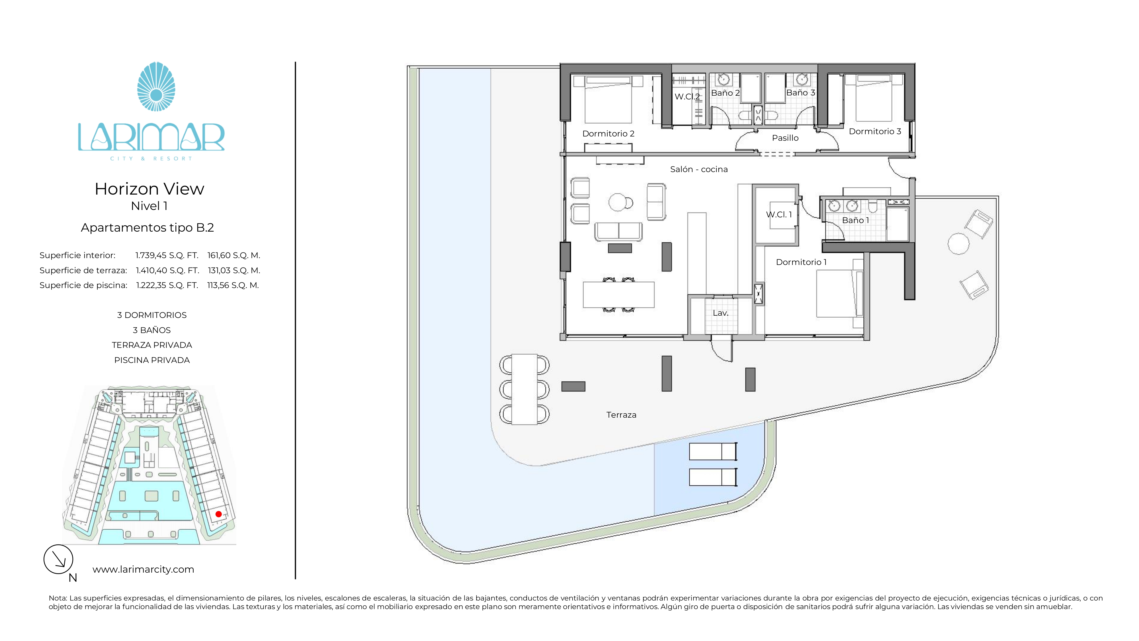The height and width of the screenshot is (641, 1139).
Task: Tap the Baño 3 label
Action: (800, 93)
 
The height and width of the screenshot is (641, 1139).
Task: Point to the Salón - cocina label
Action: (698, 170)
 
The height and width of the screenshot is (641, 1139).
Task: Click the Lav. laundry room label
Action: (720, 313)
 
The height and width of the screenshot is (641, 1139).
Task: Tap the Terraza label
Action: (621, 415)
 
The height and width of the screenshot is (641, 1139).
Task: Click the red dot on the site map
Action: (218, 514)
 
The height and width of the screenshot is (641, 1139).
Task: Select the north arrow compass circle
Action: (58, 559)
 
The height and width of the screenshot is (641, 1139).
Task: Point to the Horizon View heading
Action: (149, 189)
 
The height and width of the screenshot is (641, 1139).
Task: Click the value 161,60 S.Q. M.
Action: (233, 255)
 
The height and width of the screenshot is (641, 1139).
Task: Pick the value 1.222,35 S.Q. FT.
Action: (167, 285)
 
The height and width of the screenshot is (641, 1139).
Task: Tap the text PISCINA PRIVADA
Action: (152, 360)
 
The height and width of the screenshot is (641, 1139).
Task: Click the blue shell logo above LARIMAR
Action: (156, 86)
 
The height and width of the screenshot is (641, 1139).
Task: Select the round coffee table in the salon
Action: (618, 203)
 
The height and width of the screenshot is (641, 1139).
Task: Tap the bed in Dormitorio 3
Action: (874, 98)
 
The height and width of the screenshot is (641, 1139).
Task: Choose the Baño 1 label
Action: (855, 220)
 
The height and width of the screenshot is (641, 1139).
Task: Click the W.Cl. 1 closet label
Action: (779, 215)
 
